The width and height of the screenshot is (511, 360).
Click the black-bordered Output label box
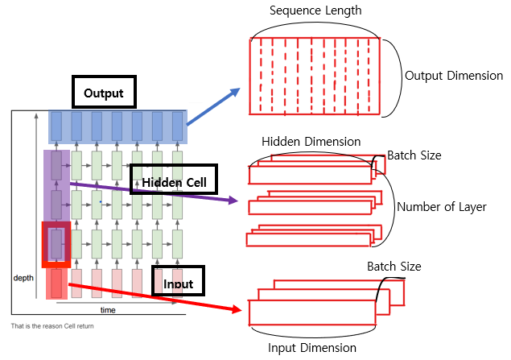click(103, 93)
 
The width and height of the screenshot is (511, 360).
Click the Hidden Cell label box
click(175, 182)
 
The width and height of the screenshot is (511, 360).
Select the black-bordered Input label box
click(178, 283)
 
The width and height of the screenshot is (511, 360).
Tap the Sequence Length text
click(315, 10)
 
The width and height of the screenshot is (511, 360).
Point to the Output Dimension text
click(454, 75)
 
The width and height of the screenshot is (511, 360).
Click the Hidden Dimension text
click(311, 142)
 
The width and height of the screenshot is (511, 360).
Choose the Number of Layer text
click(442, 207)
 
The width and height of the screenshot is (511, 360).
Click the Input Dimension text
click(311, 348)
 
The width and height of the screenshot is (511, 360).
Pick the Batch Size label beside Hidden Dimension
click(414, 155)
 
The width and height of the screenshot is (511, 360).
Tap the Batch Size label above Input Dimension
click(394, 266)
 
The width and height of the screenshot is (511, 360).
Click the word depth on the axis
click(23, 277)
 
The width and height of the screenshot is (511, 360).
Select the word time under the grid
click(107, 309)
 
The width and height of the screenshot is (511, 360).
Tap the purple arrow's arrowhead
click(234, 199)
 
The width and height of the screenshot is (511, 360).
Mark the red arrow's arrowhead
click(239, 310)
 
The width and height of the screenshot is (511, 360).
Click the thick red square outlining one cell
click(56, 243)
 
